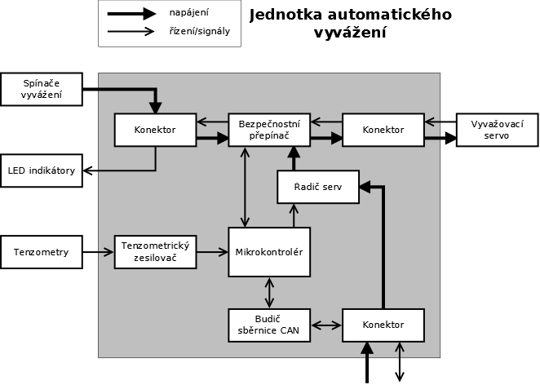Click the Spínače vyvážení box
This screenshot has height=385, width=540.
coord(42,89)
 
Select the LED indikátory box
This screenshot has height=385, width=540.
coord(42,170)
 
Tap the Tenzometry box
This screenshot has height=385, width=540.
coord(42,252)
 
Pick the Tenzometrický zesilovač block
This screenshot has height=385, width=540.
coord(155,252)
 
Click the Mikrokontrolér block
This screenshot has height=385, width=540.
coord(269,252)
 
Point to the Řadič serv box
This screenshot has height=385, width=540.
coord(317,188)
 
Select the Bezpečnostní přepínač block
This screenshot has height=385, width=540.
coord(269,130)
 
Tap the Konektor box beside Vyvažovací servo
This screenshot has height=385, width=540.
coord(383,130)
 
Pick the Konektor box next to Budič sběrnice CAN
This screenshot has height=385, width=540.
coord(383,325)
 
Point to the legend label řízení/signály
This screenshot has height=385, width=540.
coord(200,32)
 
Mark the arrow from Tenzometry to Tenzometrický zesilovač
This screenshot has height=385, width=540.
coord(98,252)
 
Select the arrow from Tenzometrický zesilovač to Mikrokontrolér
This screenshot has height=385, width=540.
coord(212,252)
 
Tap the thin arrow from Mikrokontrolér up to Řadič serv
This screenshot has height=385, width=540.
coord(294,215)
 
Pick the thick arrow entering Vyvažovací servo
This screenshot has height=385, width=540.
coord(440,138)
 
